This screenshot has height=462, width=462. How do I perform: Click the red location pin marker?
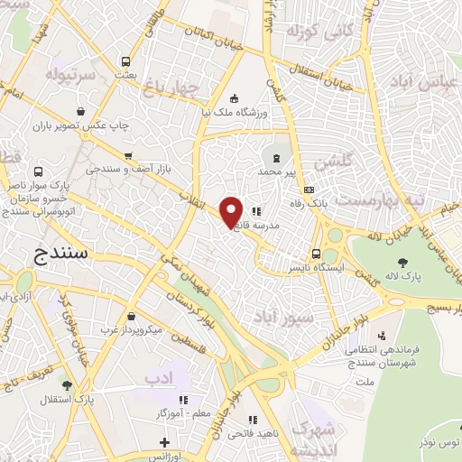pyautogui.click(x=232, y=211)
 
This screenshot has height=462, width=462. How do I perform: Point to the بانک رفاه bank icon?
pyautogui.click(x=310, y=190)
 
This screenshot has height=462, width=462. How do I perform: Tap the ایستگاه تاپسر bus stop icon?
pyautogui.click(x=316, y=254)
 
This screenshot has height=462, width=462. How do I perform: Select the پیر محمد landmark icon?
pyautogui.click(x=276, y=158)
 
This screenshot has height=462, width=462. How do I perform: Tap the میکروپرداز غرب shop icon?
pyautogui.click(x=133, y=316)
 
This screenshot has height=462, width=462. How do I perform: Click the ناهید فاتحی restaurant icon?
pyautogui.click(x=253, y=420)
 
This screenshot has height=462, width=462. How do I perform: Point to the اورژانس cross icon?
pyautogui.click(x=164, y=442)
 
